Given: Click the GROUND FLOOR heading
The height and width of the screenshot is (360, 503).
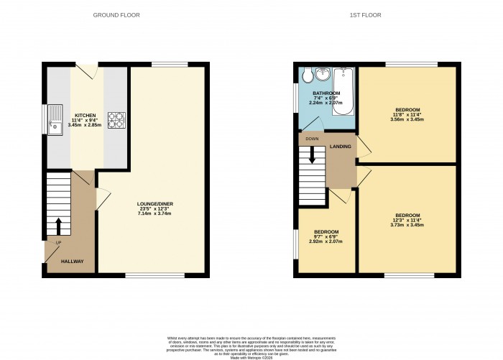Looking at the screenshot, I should coord(117,14).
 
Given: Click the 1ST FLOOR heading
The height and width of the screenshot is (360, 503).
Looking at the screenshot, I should coord(365,14).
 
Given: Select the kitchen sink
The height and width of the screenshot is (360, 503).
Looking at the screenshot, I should coord(55,120).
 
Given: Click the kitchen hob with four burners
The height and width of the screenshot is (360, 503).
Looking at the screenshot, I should coord(116,119).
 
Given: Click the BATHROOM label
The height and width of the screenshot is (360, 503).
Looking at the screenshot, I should coord(326,93).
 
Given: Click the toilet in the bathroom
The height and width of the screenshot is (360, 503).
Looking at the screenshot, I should coord(306,75).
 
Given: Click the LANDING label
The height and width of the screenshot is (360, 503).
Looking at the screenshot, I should coord(341,147).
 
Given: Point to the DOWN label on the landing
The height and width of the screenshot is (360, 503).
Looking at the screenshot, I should coord(312,139).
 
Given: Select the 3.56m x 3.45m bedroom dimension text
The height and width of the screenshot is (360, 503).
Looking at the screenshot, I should coord(407,119).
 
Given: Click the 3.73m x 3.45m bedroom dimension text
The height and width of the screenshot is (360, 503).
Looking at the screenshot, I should coord(407,225).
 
